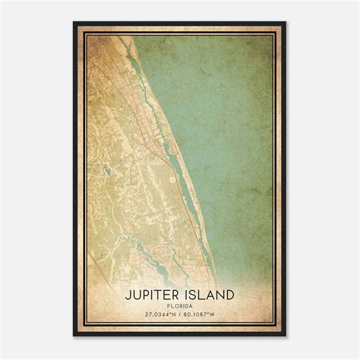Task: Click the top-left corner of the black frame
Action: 74,23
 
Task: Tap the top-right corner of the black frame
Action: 286,23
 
